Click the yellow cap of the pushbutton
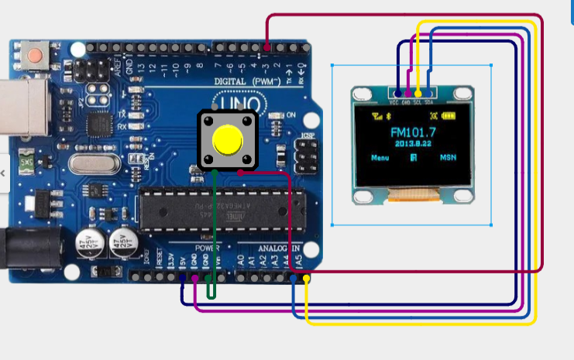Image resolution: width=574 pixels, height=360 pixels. [x=227, y=139]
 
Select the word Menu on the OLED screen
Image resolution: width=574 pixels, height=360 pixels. [x=380, y=157]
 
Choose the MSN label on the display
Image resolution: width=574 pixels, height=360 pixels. [x=449, y=157]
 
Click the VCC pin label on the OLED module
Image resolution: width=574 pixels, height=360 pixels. [x=395, y=101]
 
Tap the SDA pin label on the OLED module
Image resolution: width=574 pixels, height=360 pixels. [x=428, y=101]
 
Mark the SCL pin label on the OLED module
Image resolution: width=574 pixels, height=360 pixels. [x=418, y=101]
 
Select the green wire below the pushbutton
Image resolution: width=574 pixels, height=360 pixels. [x=214, y=232]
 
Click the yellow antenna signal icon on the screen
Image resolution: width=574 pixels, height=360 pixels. [x=377, y=118]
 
